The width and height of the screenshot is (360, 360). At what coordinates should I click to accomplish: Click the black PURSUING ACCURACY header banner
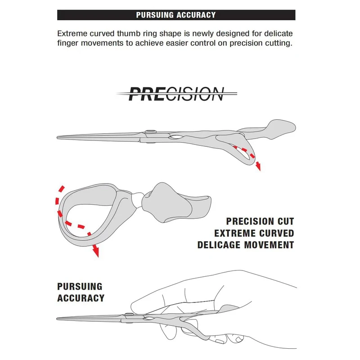point(176,15)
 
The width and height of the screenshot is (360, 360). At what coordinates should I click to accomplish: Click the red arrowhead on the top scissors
point(258,167)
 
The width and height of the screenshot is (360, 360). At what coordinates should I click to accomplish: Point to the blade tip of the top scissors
point(58,137)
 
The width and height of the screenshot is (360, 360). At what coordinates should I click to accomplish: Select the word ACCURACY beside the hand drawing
point(81,298)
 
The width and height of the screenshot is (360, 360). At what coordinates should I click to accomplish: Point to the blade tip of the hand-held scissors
point(58,319)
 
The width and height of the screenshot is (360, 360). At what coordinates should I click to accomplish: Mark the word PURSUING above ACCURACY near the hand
point(80,286)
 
